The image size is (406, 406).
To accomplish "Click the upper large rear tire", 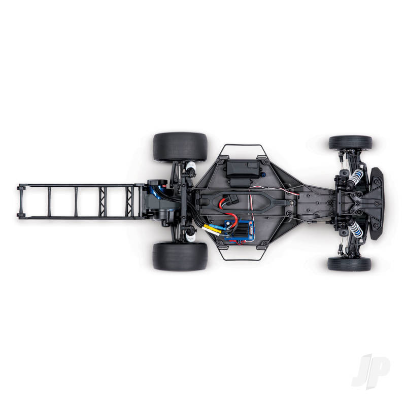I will click(x=180, y=147).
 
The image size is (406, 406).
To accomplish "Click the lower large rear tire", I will click(x=180, y=256).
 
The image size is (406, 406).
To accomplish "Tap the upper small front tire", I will click(x=350, y=143).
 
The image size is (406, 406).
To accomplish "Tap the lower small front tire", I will click(x=349, y=263).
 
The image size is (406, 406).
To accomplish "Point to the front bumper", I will click(x=376, y=203).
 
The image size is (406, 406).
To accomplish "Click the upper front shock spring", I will click(x=356, y=178).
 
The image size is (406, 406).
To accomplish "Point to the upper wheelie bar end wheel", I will click(x=20, y=187).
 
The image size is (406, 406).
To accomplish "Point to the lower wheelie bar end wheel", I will click(x=20, y=215).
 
